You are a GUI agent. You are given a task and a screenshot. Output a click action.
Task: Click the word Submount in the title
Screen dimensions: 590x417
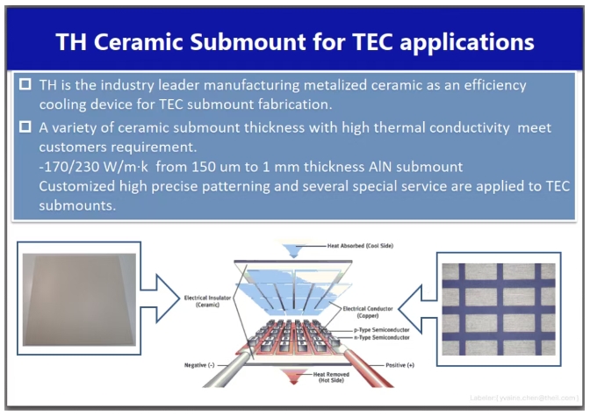[x=248, y=41]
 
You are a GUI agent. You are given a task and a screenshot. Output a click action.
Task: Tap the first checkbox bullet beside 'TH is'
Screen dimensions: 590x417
[x=25, y=84]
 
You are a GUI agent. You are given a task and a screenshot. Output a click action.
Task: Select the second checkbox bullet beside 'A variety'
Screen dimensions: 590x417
[x=25, y=126]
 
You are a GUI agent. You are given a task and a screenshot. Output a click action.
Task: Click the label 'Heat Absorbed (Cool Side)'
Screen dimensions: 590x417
[x=360, y=246]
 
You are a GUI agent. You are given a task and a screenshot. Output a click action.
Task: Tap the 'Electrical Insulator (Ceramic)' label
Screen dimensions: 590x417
[x=207, y=301]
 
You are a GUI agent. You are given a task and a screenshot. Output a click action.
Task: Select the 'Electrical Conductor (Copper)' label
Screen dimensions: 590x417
[x=368, y=312]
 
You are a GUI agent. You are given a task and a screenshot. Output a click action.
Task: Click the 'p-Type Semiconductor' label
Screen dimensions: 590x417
[x=382, y=330]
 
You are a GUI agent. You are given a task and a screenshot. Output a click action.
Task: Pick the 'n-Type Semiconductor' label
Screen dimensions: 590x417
[x=382, y=338]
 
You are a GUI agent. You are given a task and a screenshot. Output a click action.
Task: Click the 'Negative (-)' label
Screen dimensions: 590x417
[x=199, y=365]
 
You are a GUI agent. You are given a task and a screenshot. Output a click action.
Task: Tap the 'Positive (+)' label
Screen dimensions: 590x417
[x=400, y=365]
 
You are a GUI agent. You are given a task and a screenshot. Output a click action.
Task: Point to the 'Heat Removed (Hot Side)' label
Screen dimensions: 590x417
[x=331, y=377]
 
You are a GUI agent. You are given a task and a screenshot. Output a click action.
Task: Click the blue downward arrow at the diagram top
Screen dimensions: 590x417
[x=294, y=250]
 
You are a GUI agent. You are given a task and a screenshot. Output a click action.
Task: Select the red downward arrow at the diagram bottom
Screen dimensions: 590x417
[x=294, y=376]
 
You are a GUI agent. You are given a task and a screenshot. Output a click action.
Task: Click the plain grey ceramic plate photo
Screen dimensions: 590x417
[x=79, y=299]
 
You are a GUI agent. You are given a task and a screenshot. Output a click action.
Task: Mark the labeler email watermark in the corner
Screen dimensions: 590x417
[x=524, y=398]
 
